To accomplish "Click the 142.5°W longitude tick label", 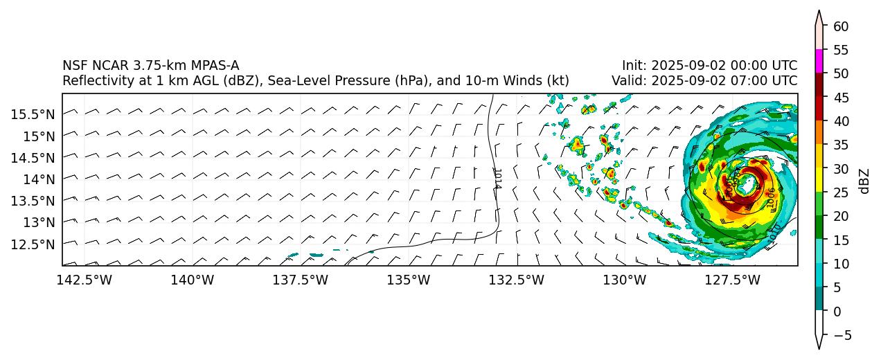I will tap(84, 280).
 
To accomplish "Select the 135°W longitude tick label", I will tap(409, 280).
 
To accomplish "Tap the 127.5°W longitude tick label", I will tap(733, 280).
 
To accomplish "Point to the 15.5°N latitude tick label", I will tap(33, 114).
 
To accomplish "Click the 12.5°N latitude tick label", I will tap(33, 244).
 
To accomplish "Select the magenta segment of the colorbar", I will tap(819, 61).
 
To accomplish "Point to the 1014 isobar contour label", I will tap(497, 179).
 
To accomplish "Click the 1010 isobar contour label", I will tap(775, 232).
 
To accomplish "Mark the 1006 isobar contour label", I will tap(772, 197).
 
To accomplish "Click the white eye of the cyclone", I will tap(746, 185).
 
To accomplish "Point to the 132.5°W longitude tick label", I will tap(517, 280).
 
